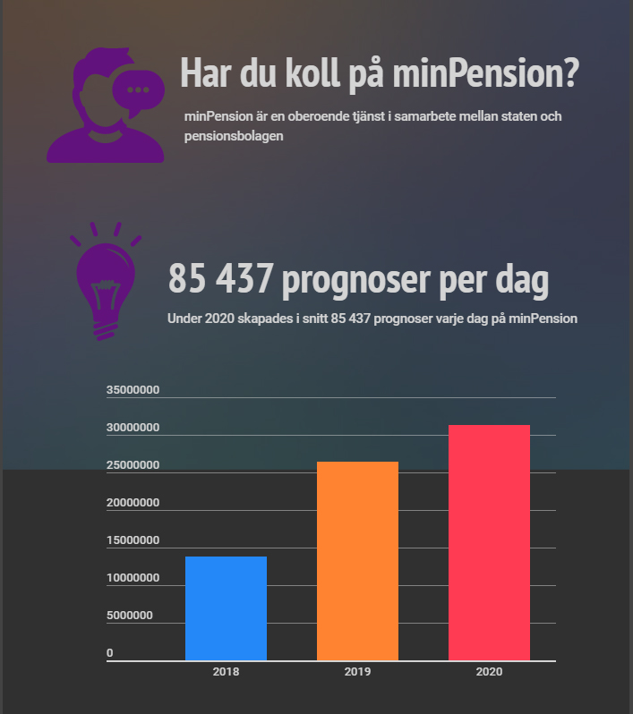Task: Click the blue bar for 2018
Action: click(x=226, y=608)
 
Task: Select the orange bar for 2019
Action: click(x=357, y=561)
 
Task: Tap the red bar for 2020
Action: click(x=489, y=542)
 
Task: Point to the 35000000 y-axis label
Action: click(x=133, y=390)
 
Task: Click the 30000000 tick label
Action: click(x=133, y=428)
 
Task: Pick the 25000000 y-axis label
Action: click(x=133, y=465)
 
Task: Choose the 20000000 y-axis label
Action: click(x=133, y=503)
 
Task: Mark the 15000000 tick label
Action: click(x=133, y=540)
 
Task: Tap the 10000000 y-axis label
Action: click(x=133, y=578)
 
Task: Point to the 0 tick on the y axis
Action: click(x=110, y=653)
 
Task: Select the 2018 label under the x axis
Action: click(x=226, y=672)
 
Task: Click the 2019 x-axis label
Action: click(x=357, y=672)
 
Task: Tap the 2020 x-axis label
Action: click(x=489, y=672)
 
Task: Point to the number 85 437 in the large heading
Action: click(x=219, y=281)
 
